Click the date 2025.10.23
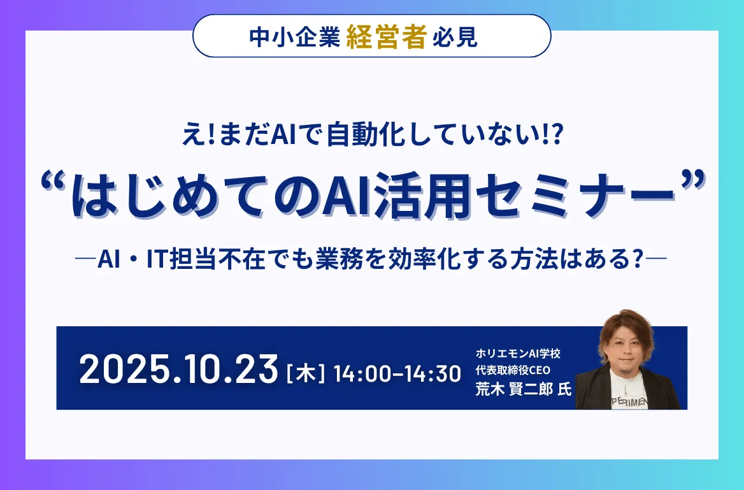[179, 370]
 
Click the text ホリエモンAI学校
[517, 353]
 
